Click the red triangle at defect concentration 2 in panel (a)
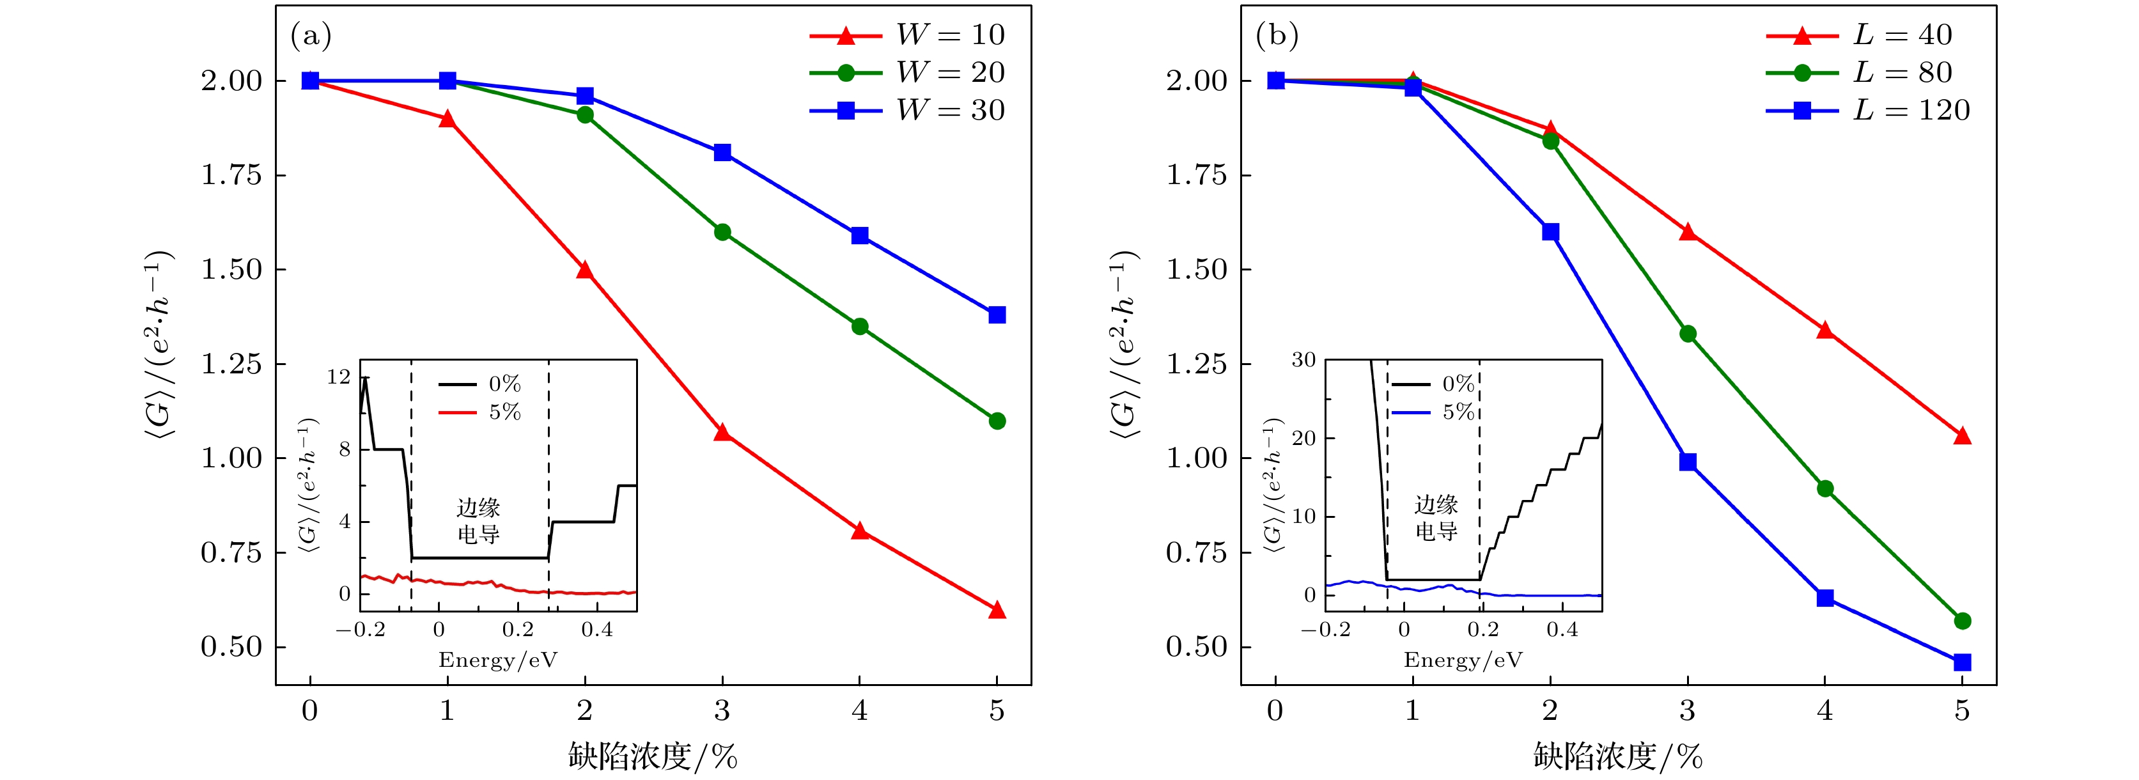pyautogui.click(x=584, y=270)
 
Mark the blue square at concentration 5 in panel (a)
pyautogui.click(x=997, y=315)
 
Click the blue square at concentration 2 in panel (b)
pyautogui.click(x=1550, y=231)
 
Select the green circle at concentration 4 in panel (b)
pyautogui.click(x=1825, y=488)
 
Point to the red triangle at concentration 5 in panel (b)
pyautogui.click(x=1962, y=436)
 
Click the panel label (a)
pyautogui.click(x=311, y=36)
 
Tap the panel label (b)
pyautogui.click(x=1276, y=36)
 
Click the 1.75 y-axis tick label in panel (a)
pyautogui.click(x=231, y=175)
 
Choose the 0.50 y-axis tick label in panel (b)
pyautogui.click(x=1197, y=647)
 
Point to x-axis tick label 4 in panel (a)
pyautogui.click(x=859, y=711)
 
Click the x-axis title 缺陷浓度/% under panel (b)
pyautogui.click(x=1617, y=756)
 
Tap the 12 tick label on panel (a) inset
pyautogui.click(x=339, y=377)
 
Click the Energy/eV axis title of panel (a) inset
pyautogui.click(x=498, y=660)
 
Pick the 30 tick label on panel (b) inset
pyautogui.click(x=1303, y=361)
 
